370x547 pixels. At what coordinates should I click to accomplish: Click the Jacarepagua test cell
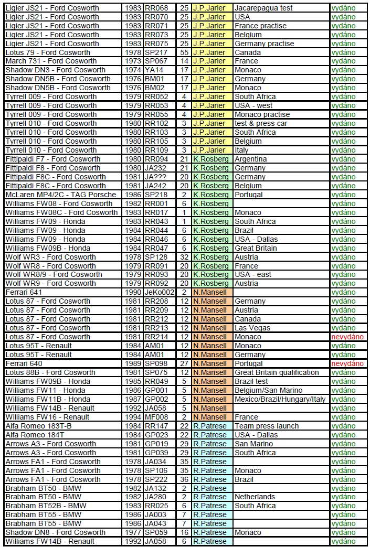263,8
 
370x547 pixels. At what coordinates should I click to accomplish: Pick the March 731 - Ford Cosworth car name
51,61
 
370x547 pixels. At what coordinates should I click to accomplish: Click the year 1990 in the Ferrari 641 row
133,292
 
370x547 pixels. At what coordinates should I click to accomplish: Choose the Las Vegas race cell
252,328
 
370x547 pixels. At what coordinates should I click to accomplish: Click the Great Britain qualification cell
277,372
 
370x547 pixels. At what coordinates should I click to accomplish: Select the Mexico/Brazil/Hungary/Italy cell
280,399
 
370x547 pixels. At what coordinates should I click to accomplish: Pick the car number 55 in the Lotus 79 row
184,52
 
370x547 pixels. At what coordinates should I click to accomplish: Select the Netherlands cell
255,497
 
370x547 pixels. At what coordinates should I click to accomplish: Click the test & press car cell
261,123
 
